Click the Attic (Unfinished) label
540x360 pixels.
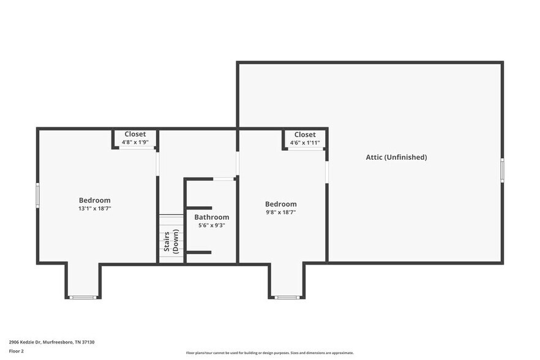pos(396,157)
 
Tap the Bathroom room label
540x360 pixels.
pos(212,217)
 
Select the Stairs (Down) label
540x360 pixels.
pos(171,241)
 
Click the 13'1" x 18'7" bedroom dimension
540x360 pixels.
pos(95,209)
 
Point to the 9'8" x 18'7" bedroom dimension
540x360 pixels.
pos(281,212)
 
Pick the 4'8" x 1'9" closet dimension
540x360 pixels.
pos(135,142)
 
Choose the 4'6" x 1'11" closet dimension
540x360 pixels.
pos(305,143)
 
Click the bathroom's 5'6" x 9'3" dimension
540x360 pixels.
pos(212,225)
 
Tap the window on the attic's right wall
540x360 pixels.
pos(502,170)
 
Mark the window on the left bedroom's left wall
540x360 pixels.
pos(37,195)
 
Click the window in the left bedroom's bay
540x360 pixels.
pos(83,298)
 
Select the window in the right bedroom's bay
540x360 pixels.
pos(287,298)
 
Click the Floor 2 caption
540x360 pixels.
pos(17,351)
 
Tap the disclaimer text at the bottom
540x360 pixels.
pos(269,353)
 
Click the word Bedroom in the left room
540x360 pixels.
pos(95,200)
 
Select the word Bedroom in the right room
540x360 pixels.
pos(281,204)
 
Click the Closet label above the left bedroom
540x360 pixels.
pos(135,134)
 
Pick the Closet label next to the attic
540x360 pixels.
pos(305,135)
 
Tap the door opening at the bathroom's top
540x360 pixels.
pos(224,179)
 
